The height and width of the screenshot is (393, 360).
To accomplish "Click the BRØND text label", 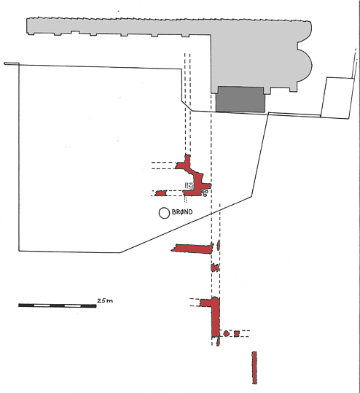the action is click(182, 212).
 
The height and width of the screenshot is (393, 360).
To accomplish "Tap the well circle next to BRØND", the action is click(165, 213).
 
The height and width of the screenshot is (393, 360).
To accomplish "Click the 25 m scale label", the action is click(105, 300).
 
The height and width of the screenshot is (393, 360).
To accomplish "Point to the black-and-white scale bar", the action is click(58, 306).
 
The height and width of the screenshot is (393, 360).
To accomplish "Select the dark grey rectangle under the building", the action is click(240, 99).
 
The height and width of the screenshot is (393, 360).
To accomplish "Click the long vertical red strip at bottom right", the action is click(254, 367).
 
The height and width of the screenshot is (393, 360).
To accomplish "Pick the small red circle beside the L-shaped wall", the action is click(226, 334).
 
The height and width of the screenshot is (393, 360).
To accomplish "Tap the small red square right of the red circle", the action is click(237, 334).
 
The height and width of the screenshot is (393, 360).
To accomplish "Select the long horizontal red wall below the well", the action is click(192, 249).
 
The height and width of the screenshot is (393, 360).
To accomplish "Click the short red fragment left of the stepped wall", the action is click(161, 193).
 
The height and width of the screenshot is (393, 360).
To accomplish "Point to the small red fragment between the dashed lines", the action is click(215, 268).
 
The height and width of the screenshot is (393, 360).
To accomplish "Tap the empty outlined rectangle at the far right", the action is click(337, 98).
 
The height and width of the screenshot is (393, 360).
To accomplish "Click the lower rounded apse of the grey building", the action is click(305, 64).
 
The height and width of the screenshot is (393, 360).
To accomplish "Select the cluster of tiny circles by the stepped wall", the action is click(206, 192).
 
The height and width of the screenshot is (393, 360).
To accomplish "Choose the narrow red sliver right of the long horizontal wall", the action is click(219, 245).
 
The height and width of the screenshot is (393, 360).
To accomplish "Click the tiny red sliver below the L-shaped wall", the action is click(218, 342).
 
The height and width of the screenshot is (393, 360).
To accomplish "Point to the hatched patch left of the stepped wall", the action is click(189, 186).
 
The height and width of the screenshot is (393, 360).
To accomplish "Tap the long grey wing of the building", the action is click(119, 26).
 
